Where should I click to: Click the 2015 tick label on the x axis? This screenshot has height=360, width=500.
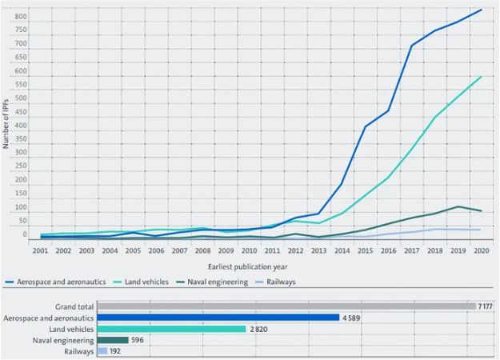(x=365, y=250)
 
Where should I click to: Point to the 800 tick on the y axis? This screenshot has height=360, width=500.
(x=22, y=17)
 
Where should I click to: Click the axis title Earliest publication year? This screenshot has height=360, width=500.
(x=248, y=266)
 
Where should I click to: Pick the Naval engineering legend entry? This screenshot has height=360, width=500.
(x=219, y=282)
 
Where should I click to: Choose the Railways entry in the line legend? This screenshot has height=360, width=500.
(x=287, y=282)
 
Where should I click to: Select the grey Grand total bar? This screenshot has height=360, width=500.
(x=286, y=306)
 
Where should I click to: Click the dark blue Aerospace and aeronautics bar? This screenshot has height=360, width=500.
(x=218, y=318)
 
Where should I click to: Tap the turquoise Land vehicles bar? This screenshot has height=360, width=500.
(x=171, y=329)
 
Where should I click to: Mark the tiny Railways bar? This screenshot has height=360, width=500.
(x=102, y=351)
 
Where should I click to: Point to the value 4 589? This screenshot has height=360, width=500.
(x=353, y=318)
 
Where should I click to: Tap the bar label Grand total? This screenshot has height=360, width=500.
(x=74, y=306)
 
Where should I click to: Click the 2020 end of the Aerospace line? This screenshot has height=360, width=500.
(x=481, y=10)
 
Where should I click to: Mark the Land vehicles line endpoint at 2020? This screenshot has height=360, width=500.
(x=481, y=77)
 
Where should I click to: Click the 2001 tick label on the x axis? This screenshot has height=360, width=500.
(x=40, y=250)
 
